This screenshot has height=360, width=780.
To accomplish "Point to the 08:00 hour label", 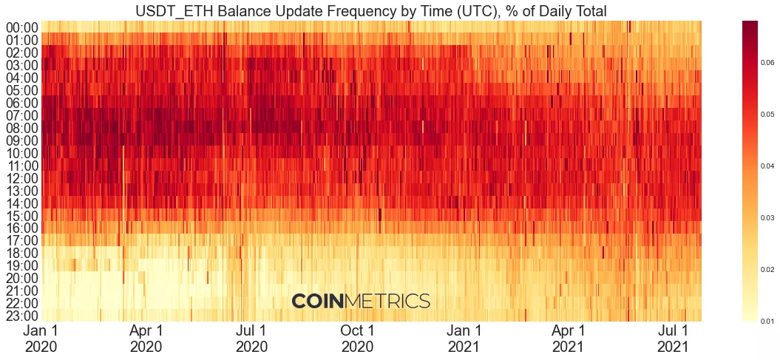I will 22,128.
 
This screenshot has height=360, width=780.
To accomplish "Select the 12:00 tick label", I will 22,178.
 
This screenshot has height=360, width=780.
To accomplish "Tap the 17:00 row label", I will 22,241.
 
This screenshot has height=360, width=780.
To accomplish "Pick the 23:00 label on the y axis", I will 22,316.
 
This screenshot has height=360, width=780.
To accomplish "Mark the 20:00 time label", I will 22,279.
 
